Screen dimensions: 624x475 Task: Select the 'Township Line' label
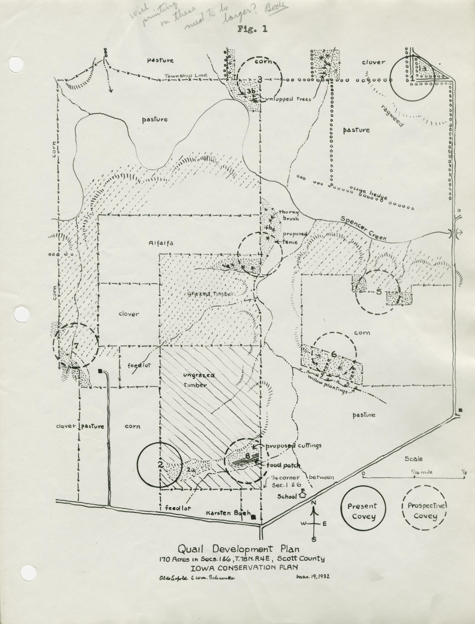[186, 75]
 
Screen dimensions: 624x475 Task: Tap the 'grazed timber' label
[211, 294]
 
